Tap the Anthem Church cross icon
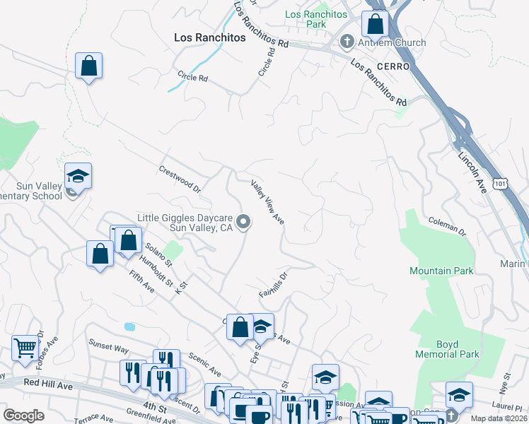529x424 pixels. (347, 42)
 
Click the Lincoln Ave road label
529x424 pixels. (472, 173)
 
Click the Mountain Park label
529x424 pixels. (441, 271)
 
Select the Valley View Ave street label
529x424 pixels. (268, 202)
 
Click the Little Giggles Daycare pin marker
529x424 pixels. (244, 223)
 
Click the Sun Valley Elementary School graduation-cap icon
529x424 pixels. (79, 175)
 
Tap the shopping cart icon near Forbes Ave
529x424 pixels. (25, 347)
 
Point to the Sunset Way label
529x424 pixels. (108, 348)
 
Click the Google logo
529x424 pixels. (24, 416)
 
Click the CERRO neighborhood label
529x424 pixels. (394, 66)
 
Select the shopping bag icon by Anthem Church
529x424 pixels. (375, 24)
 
